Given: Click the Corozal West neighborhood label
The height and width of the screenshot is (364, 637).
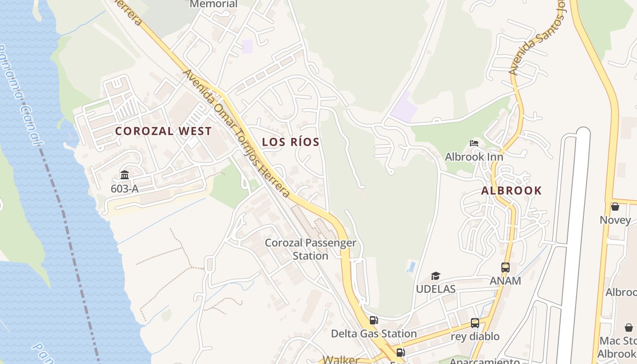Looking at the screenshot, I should (x=163, y=131).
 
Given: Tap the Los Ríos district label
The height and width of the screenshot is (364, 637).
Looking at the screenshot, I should (x=291, y=142).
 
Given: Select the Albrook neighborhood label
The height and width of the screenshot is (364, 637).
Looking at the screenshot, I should (x=511, y=191).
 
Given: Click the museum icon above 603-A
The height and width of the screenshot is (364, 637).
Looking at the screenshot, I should (x=125, y=175).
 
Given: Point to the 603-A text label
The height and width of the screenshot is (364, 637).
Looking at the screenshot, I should (x=125, y=188).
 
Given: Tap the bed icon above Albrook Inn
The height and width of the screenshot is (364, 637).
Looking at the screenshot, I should (x=474, y=143).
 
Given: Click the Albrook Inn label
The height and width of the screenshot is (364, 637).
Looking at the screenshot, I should (x=474, y=157).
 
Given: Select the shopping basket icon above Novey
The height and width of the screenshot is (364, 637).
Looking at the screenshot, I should (x=615, y=207).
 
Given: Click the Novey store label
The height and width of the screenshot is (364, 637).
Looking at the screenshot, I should (x=615, y=220).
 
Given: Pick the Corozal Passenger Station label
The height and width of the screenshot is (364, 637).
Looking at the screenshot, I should (x=310, y=249).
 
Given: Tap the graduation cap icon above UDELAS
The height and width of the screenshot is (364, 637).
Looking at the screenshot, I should (x=435, y=276).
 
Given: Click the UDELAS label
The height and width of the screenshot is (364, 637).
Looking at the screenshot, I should (x=435, y=289).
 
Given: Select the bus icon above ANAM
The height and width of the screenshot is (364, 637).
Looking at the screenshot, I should (x=506, y=268).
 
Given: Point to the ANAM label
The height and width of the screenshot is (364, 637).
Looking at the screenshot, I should (x=506, y=281).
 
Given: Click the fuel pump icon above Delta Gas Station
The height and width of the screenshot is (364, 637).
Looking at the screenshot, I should (x=374, y=320).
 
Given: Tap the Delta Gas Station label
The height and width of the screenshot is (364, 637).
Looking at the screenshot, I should (x=374, y=334).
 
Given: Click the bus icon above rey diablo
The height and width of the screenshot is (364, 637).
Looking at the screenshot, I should (x=475, y=323).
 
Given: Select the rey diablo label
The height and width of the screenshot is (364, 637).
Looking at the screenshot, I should (x=475, y=337).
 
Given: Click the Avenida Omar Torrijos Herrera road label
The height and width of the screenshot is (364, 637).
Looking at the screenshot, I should (x=237, y=134).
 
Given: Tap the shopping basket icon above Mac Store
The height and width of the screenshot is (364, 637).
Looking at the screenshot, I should (x=629, y=328).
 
